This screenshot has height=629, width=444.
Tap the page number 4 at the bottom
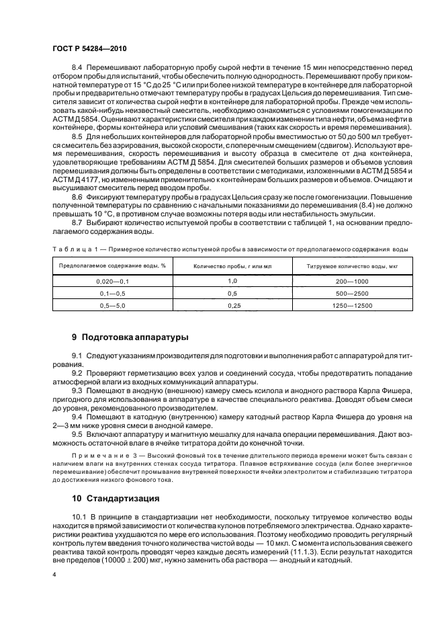(54, 575)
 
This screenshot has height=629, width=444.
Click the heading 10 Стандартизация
(115, 499)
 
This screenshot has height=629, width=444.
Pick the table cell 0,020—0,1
(112, 281)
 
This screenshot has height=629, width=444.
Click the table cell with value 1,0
(232, 280)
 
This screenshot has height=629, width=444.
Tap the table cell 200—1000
(353, 281)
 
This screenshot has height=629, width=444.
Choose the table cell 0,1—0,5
(112, 293)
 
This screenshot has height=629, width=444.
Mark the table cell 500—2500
(353, 293)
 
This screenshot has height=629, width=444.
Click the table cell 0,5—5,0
(112, 305)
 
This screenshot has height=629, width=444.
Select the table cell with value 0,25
(232, 305)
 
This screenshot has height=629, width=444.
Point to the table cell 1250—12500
(353, 305)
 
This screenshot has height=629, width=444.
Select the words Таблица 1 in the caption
(73, 249)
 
